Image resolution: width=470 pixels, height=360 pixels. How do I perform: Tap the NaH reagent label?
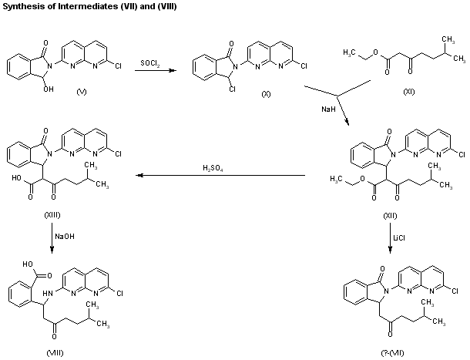coord(328,109)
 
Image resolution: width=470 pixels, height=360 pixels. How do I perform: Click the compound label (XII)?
coord(391,210)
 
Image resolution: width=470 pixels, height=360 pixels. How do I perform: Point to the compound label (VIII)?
coord(53,353)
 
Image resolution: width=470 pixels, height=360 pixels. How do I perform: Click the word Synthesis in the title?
coord(21,6)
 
